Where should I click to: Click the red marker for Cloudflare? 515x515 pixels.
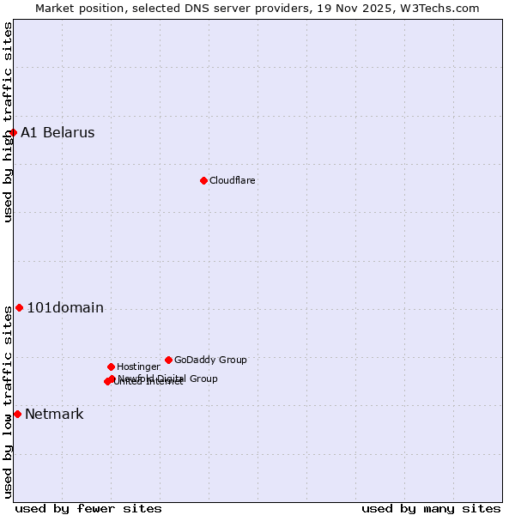click(203, 180)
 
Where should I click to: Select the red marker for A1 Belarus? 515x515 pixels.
click(13, 132)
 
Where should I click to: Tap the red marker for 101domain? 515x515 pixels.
click(19, 307)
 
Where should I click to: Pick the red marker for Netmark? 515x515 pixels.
click(17, 414)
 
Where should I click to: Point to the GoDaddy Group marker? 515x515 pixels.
click(168, 360)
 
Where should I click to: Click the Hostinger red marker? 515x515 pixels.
click(111, 367)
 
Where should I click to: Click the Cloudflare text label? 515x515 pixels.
click(233, 180)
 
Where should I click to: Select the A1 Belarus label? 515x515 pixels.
click(58, 132)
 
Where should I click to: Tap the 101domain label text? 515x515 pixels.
click(65, 307)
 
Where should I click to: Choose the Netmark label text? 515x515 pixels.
click(54, 414)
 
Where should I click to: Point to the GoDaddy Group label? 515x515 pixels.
click(210, 360)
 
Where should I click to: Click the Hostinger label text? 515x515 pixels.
click(138, 367)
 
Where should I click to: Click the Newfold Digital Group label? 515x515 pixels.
click(168, 379)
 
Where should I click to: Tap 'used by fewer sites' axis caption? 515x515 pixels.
click(88, 508)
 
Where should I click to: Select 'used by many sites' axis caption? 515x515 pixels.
click(431, 508)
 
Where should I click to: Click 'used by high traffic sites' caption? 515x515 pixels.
click(9, 122)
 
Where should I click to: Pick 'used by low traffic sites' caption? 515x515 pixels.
click(9, 402)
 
